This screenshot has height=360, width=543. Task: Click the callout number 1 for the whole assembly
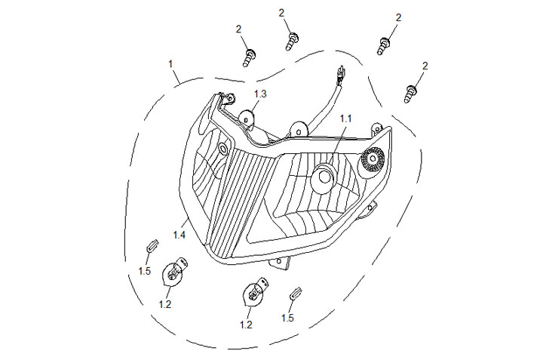(x=170, y=64)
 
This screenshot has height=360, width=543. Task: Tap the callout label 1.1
(x=345, y=118)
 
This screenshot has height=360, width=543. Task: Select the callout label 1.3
(x=260, y=94)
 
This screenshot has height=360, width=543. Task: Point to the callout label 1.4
(x=179, y=235)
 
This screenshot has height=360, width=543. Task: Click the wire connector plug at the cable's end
(x=341, y=74)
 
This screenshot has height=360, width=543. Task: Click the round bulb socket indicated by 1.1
(x=323, y=177)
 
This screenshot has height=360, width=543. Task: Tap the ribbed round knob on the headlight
(x=373, y=158)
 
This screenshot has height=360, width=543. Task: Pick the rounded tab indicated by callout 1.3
(x=247, y=118)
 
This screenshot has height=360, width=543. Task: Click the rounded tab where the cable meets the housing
(x=299, y=130)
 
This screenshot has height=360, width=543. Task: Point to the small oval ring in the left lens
(x=223, y=149)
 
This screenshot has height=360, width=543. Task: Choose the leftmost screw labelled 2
(x=249, y=58)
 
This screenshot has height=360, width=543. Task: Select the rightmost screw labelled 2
(x=410, y=94)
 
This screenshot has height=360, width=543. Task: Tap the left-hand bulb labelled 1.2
(x=173, y=272)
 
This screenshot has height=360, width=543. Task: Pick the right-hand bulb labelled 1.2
(x=255, y=292)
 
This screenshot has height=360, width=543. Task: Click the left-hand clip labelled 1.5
(x=152, y=245)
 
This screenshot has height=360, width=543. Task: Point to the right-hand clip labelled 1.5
(x=296, y=294)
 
